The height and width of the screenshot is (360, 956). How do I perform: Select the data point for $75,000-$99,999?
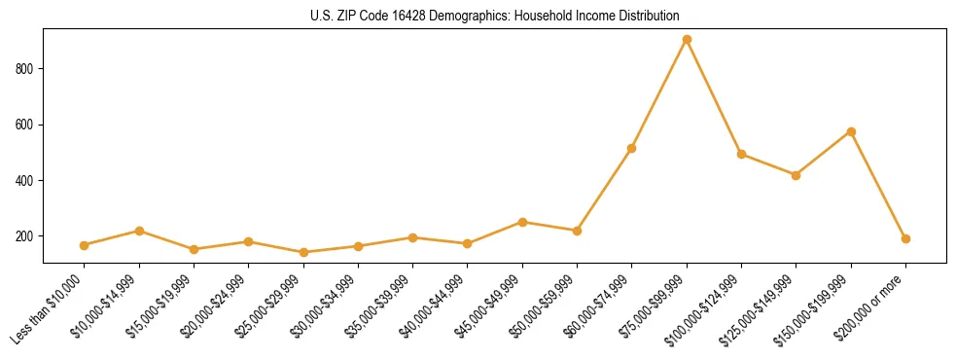pyautogui.click(x=687, y=40)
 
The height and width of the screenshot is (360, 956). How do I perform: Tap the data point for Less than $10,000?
pyautogui.click(x=85, y=245)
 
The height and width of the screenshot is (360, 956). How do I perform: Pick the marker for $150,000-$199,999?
pyautogui.click(x=851, y=131)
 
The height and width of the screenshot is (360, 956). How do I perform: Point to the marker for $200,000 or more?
pyautogui.click(x=905, y=238)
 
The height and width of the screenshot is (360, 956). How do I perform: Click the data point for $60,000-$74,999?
pyautogui.click(x=632, y=149)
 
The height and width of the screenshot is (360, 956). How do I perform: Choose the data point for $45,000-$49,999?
pyautogui.click(x=522, y=222)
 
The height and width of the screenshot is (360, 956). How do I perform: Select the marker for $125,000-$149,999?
pyautogui.click(x=796, y=175)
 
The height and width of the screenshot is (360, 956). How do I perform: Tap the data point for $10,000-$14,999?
pyautogui.click(x=139, y=231)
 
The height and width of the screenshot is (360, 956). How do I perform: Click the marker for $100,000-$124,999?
pyautogui.click(x=741, y=154)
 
